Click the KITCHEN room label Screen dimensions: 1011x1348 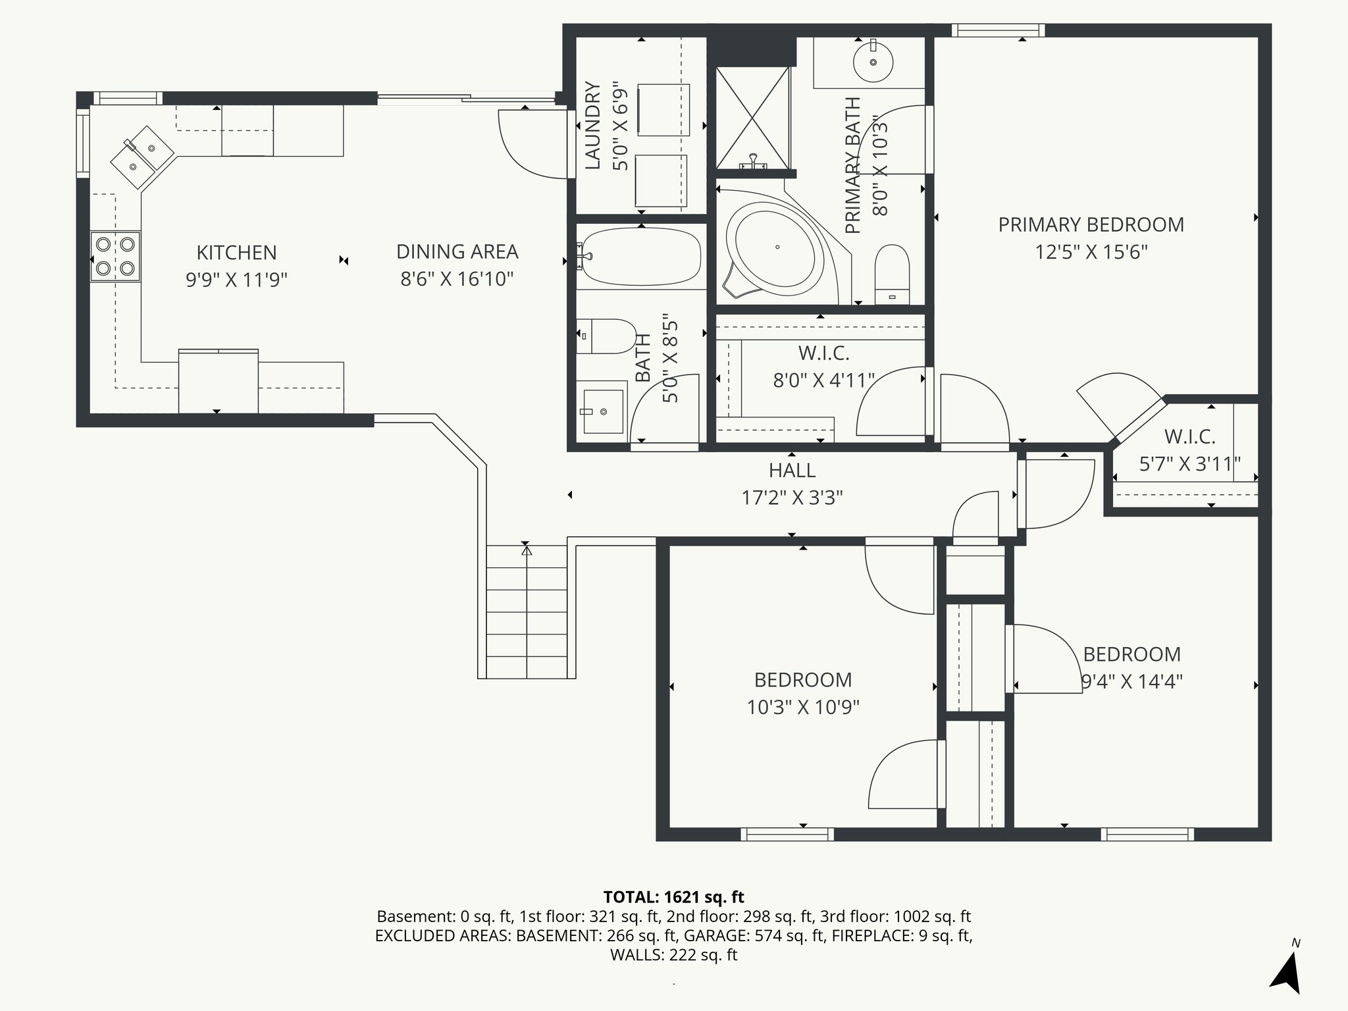point(236,252)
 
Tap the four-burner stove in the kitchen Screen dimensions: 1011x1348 point(116,256)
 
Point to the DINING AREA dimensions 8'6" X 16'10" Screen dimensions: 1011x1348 point(457,279)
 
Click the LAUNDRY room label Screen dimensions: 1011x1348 point(593,125)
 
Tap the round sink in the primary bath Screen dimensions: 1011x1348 point(873,62)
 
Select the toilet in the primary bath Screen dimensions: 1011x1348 point(892,273)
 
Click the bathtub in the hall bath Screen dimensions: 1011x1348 point(640,257)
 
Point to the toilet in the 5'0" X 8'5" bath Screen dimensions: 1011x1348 point(606,336)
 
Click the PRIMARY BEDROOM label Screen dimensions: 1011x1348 point(1091,224)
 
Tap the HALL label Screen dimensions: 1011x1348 point(792,470)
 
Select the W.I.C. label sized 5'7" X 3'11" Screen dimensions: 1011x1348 point(1189,436)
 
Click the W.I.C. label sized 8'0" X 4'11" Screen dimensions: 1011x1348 point(823,353)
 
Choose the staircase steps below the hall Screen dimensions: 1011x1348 point(527,612)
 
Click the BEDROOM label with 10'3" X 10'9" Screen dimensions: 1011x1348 point(802,679)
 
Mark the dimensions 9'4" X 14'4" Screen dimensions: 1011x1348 point(1132,681)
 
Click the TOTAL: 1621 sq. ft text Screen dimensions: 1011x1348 point(673,896)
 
